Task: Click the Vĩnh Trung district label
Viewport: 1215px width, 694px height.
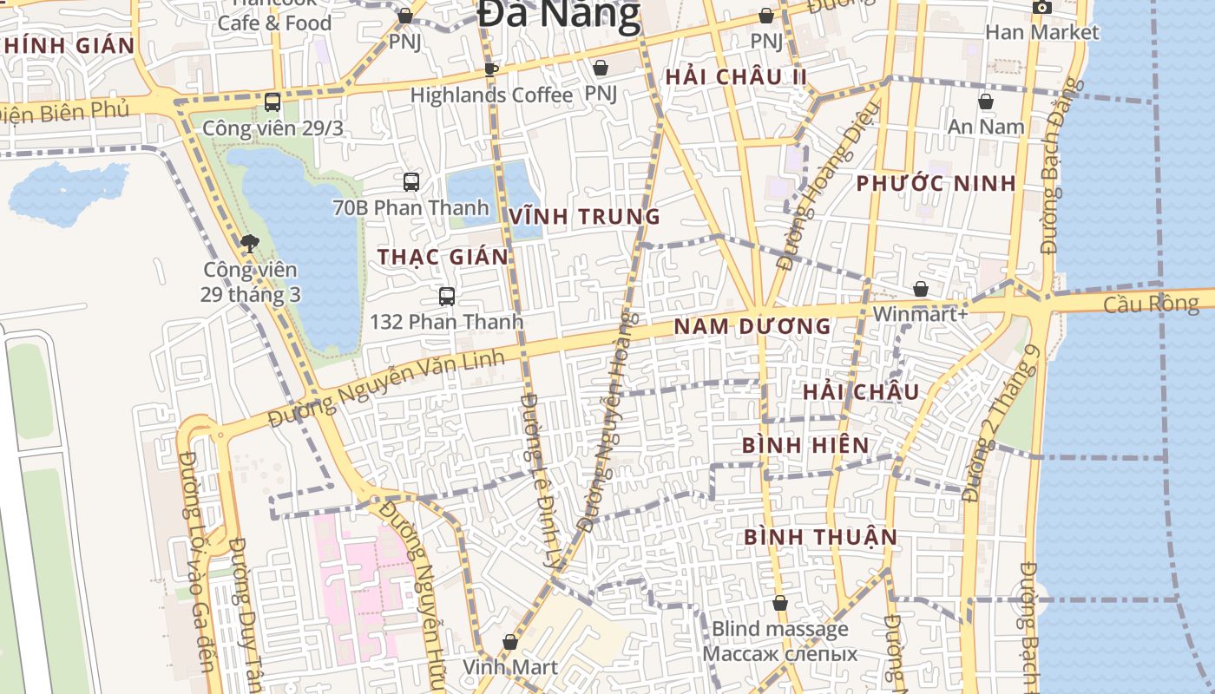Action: tap(585, 217)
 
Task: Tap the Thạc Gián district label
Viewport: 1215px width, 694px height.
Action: tap(443, 257)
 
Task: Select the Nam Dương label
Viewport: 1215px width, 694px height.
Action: tap(752, 327)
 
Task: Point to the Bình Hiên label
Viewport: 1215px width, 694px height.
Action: tap(805, 445)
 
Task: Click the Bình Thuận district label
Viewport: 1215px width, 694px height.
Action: tap(820, 537)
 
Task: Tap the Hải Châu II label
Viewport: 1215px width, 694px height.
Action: tap(736, 77)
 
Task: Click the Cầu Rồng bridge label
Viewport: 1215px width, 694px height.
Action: tap(1151, 304)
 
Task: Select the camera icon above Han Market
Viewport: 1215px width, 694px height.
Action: tap(1041, 8)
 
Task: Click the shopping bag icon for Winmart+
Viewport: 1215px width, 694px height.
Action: tap(920, 289)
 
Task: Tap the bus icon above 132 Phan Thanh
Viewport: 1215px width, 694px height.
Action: tap(447, 297)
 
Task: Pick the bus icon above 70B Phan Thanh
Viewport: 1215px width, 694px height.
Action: tap(411, 182)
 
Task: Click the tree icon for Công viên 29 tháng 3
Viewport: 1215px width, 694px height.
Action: tap(250, 244)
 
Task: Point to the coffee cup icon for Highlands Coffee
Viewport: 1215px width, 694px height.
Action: tap(491, 69)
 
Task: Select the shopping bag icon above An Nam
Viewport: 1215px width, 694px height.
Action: tap(986, 101)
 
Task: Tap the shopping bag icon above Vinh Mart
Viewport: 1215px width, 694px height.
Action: tap(509, 642)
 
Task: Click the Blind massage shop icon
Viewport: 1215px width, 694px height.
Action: tap(780, 603)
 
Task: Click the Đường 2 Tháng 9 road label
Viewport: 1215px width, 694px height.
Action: tap(1002, 423)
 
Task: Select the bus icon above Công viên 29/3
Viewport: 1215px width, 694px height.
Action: tap(273, 102)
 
